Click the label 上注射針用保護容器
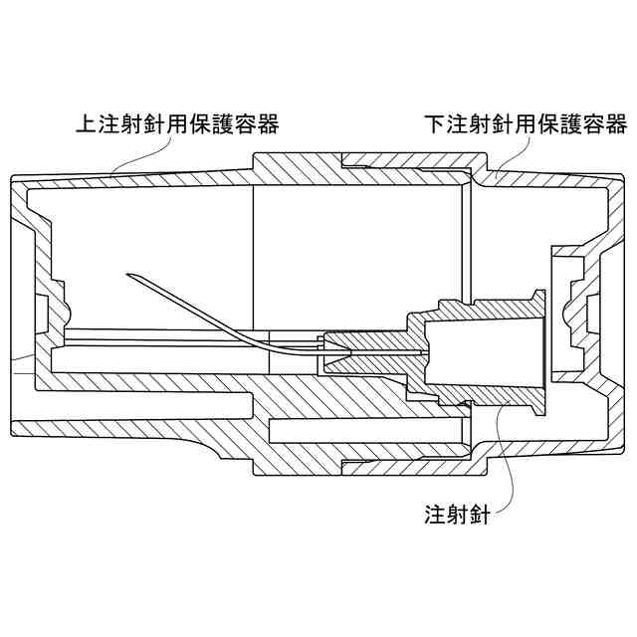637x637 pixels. pos(177,125)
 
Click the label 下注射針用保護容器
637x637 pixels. pos(526,125)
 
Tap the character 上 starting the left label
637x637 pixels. pos(87,125)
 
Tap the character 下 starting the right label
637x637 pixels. pos(435,125)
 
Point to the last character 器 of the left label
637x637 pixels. pos(268,125)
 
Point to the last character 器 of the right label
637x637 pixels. pos(616,125)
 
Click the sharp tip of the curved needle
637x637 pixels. pos(128,275)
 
